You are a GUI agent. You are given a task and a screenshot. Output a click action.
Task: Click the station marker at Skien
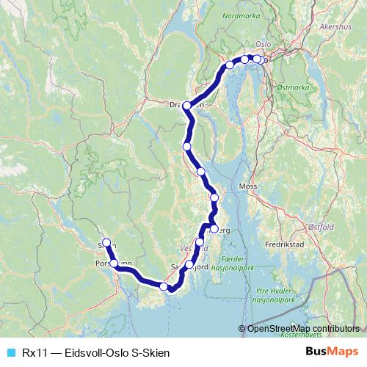tap(106, 243)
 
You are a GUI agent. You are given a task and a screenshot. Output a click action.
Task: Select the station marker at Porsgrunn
tap(115, 263)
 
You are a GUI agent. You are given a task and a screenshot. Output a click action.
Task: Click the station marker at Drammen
tap(187, 106)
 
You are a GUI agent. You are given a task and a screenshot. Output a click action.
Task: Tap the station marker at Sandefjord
tap(189, 264)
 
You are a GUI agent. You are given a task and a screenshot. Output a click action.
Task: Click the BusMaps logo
tap(331, 352)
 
